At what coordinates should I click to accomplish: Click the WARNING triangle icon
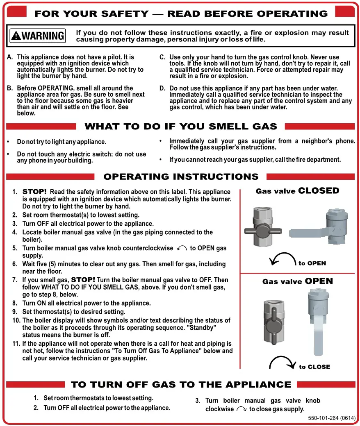16,36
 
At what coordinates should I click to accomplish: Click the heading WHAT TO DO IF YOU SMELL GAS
181,127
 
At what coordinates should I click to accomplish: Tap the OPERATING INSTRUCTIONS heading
181,177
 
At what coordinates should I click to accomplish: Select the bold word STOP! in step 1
34,192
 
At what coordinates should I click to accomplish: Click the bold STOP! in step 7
83,280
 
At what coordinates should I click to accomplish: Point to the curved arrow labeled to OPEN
282,259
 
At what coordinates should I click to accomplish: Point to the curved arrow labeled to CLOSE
282,363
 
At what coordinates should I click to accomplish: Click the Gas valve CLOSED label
297,191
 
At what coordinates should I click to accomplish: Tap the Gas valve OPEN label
297,281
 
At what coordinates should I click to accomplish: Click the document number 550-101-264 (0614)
332,418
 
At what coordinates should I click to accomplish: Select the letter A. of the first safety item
10,57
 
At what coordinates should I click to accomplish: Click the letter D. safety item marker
162,88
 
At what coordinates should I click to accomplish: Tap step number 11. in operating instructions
16,344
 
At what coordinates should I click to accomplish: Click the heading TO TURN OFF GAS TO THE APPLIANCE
181,385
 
